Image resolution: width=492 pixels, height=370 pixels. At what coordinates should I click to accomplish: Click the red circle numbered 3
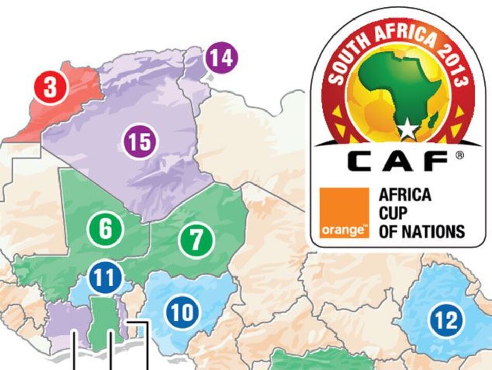pyautogui.click(x=50, y=87)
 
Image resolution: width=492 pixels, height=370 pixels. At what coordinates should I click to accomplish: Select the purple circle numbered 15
pyautogui.click(x=141, y=141)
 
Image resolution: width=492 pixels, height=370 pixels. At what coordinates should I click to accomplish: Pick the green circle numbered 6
pyautogui.click(x=105, y=229)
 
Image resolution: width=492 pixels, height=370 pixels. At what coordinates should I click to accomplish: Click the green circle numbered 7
pyautogui.click(x=196, y=240)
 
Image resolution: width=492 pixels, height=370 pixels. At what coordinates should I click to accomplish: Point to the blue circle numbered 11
pyautogui.click(x=105, y=277)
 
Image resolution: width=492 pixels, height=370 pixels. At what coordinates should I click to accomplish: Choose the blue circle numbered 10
pyautogui.click(x=183, y=312)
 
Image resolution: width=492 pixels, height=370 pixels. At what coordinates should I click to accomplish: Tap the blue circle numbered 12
pyautogui.click(x=446, y=321)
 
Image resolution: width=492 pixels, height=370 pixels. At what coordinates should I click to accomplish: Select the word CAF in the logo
pyautogui.click(x=397, y=161)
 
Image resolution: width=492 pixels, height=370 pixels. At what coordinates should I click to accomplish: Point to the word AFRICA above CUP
pyautogui.click(x=405, y=195)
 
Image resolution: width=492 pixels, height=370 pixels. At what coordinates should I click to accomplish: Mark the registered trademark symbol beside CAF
pyautogui.click(x=460, y=155)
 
